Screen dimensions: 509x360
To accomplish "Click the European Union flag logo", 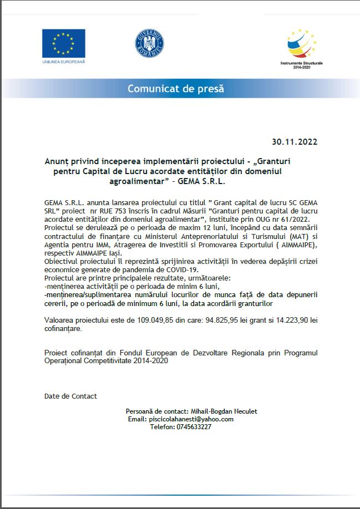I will (x=63, y=43).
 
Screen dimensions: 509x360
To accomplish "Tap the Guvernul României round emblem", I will (x=149, y=43).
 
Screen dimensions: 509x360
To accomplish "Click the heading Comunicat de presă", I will (x=176, y=89).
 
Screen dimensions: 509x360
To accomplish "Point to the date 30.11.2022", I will (x=295, y=141).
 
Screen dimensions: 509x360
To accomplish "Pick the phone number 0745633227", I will (x=191, y=427).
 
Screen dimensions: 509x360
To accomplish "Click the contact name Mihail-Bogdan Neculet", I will (x=224, y=411).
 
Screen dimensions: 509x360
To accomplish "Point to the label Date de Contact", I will (x=70, y=396).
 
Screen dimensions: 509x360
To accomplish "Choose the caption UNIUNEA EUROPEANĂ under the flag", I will (x=63, y=62).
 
